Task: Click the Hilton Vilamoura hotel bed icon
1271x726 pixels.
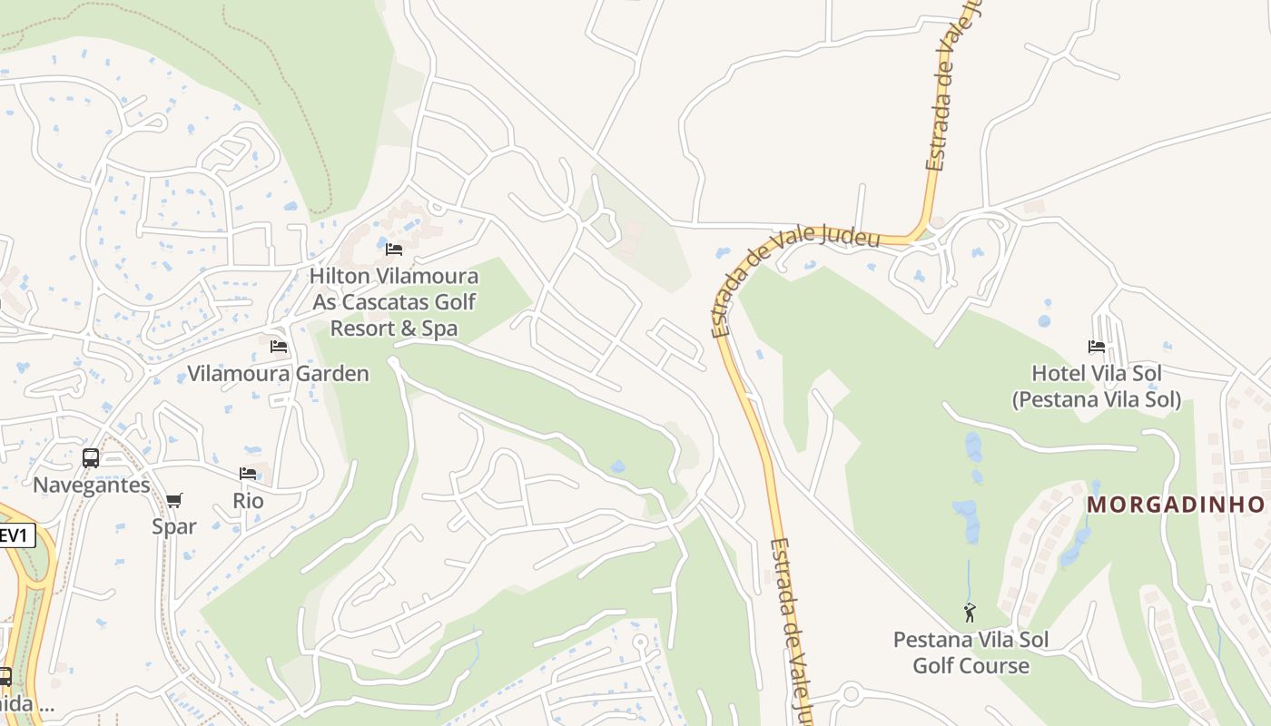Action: [394, 249]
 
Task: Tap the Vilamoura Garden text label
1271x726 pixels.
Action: [278, 373]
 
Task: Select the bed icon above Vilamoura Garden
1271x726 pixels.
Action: [279, 347]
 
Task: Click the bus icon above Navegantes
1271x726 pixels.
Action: [91, 458]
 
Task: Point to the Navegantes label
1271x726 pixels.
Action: [91, 485]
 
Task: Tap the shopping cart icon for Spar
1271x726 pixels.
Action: [174, 500]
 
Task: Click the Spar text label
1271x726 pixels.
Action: [174, 526]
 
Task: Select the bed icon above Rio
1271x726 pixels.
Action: [248, 474]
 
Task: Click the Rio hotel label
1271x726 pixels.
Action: [248, 501]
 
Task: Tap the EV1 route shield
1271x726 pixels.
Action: [15, 535]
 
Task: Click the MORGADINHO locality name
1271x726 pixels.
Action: [1176, 505]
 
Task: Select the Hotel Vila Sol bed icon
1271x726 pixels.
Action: [1097, 347]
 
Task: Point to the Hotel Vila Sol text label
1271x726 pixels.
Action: [1097, 386]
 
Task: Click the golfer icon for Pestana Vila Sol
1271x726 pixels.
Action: [970, 613]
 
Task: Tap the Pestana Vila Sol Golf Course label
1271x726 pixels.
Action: [970, 652]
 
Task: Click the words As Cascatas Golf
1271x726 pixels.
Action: [394, 301]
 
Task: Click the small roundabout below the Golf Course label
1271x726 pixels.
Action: [851, 695]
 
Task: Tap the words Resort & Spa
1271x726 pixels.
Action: [394, 328]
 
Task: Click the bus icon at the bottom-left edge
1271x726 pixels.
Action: [5, 676]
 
